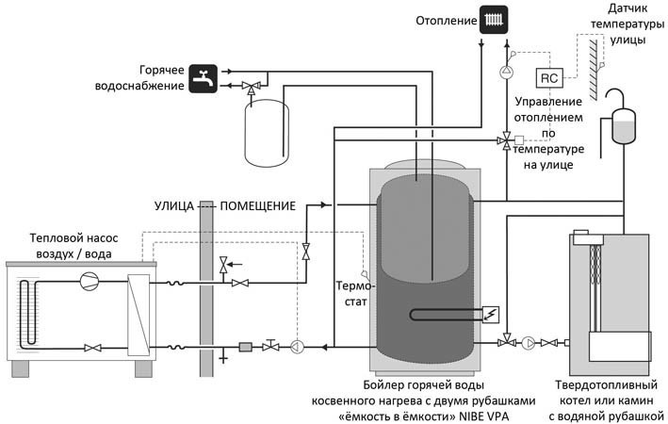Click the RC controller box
[x=549, y=78]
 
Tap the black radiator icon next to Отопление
[x=494, y=20]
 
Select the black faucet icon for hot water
[x=204, y=78]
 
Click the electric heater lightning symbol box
[x=491, y=315]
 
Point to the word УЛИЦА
[x=173, y=206]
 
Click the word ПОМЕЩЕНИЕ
[x=258, y=206]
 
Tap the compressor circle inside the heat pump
[x=90, y=281]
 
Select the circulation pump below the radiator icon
[x=507, y=72]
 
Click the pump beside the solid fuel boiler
[x=529, y=343]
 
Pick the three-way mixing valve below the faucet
[x=250, y=87]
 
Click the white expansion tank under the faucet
[x=267, y=133]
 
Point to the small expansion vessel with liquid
[x=624, y=126]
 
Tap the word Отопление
[x=446, y=21]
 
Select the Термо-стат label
[x=355, y=294]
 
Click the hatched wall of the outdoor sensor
[x=593, y=68]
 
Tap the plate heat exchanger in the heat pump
[x=138, y=315]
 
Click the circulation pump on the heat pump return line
[x=297, y=347]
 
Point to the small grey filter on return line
[x=245, y=347]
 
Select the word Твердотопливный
[x=606, y=385]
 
